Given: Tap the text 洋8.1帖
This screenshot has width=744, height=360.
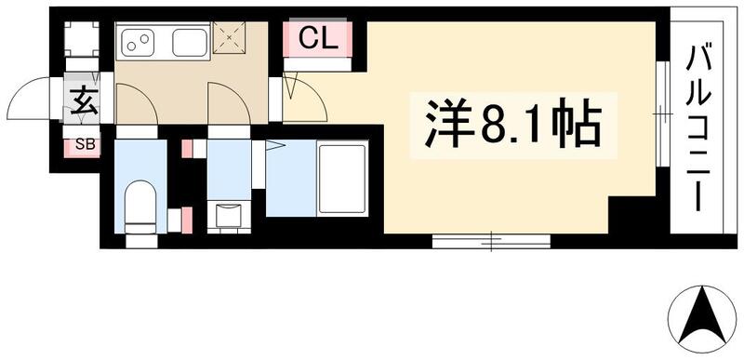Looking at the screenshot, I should click(511, 124).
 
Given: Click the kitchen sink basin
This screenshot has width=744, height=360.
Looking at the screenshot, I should click(190, 41).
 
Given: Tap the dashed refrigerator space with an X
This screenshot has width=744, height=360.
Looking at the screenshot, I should click(230, 39).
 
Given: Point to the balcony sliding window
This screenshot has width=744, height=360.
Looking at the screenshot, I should click(661, 113).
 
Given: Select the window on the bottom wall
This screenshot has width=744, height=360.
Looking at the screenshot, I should click(491, 241).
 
